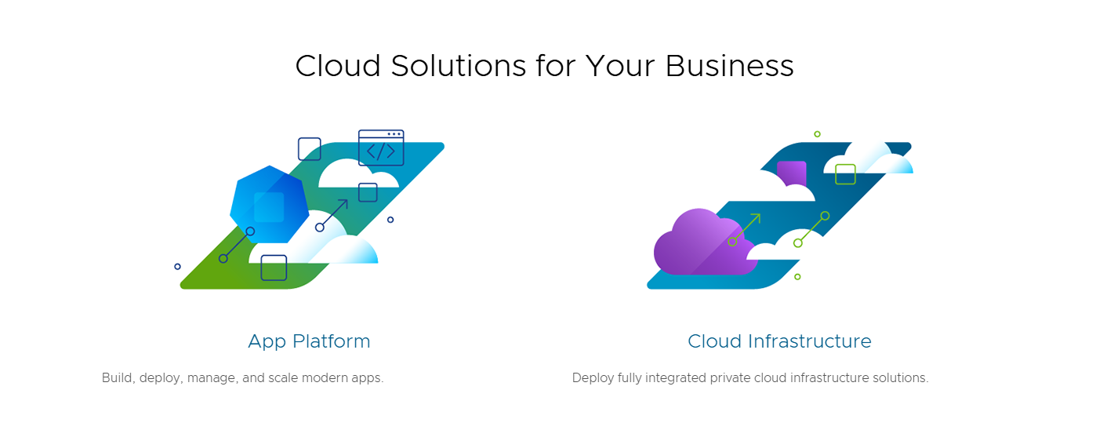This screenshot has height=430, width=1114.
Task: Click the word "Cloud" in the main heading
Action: click(337, 66)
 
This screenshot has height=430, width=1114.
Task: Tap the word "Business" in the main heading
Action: click(730, 66)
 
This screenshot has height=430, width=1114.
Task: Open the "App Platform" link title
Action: click(309, 341)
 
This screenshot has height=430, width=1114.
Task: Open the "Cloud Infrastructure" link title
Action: click(779, 341)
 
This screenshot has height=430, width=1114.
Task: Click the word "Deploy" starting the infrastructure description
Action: click(593, 378)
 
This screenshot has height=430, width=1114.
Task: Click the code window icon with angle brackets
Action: click(381, 148)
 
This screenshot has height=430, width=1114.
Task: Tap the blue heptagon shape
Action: click(269, 205)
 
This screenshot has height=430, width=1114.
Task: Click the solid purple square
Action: click(791, 173)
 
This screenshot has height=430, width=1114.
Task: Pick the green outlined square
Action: click(845, 174)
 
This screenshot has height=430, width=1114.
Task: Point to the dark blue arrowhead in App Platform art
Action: click(343, 204)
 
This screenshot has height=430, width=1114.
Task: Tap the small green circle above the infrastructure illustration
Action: click(817, 134)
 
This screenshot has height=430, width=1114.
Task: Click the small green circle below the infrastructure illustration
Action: click(797, 277)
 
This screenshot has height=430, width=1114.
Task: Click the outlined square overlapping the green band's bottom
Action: click(274, 268)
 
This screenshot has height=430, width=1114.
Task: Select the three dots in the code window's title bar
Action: click(394, 134)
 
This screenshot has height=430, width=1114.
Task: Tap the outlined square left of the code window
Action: click(309, 149)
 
